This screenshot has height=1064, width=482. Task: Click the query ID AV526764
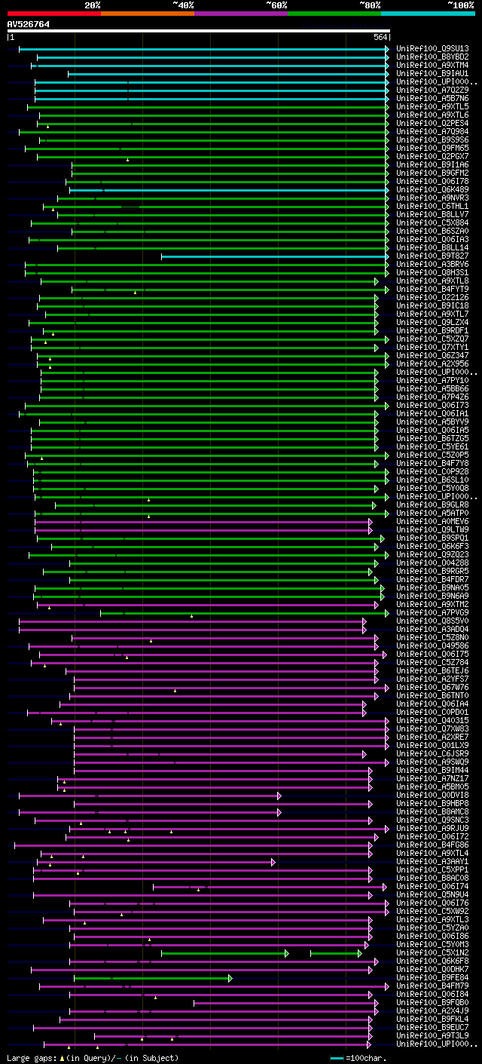point(29,24)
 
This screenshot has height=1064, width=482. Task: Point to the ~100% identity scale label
point(460,5)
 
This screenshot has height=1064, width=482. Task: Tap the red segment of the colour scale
point(53,13)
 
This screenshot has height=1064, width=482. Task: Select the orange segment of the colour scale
point(147,13)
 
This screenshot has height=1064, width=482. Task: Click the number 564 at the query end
point(380,37)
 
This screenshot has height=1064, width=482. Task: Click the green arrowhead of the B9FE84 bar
point(230,978)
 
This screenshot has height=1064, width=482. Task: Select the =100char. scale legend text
point(367,1058)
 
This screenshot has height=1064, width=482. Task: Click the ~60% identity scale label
point(276,5)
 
